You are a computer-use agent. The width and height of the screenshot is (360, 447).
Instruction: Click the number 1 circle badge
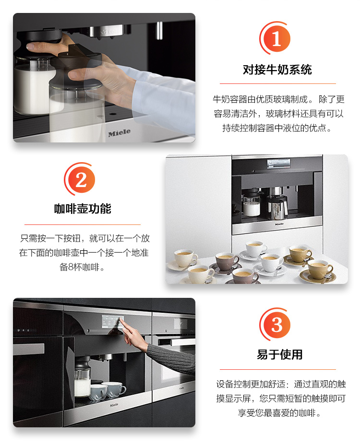pos(277,38)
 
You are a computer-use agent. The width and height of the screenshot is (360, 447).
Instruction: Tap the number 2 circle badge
pos(81,180)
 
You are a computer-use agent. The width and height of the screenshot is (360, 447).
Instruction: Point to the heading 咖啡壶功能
pos(83,209)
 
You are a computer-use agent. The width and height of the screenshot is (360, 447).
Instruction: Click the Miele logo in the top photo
pos(119,133)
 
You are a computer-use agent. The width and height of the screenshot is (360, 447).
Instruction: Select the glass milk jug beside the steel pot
pos(251,204)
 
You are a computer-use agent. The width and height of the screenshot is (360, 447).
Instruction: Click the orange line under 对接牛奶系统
pos(277,83)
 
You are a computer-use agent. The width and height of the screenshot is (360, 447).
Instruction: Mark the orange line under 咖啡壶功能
pos(83,224)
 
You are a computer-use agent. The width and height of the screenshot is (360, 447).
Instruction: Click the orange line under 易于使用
pos(277,369)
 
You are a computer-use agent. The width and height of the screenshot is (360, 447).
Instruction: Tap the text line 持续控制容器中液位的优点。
pos(277,129)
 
